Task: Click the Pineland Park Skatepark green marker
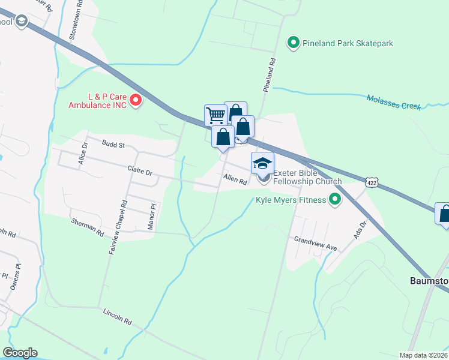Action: (x=294, y=43)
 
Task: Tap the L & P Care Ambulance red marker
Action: (x=136, y=100)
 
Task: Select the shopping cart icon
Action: (x=215, y=115)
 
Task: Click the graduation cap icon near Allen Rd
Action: (x=262, y=163)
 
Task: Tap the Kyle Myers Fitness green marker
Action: (x=335, y=200)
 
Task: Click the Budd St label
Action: (x=113, y=145)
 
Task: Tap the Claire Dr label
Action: (x=139, y=171)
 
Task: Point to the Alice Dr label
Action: (x=83, y=154)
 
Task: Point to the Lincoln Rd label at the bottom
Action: (x=117, y=316)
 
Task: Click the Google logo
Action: (x=20, y=353)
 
